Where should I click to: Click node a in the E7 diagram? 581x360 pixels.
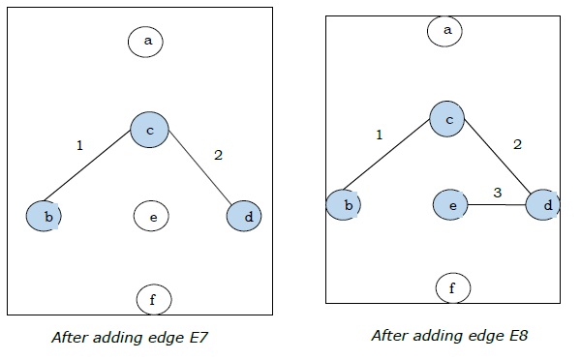[148, 41]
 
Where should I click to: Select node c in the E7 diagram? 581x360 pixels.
[150, 129]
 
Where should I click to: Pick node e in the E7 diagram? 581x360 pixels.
[152, 217]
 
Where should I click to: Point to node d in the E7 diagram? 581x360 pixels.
[248, 217]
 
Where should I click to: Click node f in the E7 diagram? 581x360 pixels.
[152, 300]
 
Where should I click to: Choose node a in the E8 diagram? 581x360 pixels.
[447, 31]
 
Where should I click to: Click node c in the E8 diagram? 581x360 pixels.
[449, 119]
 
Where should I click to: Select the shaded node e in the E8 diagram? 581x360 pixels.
[450, 205]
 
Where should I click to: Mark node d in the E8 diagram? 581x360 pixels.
[547, 206]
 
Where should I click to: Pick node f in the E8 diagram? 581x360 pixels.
[451, 287]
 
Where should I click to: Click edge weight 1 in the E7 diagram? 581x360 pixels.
[79, 146]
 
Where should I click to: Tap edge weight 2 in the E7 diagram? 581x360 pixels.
[218, 154]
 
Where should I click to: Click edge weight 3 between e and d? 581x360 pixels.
[497, 193]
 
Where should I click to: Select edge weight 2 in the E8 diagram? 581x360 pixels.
[517, 144]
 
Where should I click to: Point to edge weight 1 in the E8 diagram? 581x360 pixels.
[379, 135]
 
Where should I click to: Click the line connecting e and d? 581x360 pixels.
[497, 205]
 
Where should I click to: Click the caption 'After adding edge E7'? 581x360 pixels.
[131, 339]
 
